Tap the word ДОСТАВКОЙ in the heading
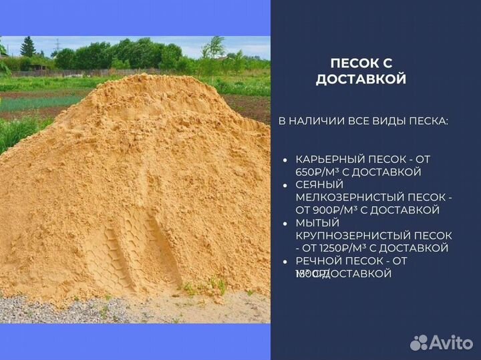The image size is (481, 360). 361,79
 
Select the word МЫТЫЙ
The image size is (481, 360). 317,223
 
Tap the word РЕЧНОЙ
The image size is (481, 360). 318,261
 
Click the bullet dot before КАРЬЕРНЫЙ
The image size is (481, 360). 285,161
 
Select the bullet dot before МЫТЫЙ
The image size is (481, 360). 285,224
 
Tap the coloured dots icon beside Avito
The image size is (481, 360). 420,342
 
